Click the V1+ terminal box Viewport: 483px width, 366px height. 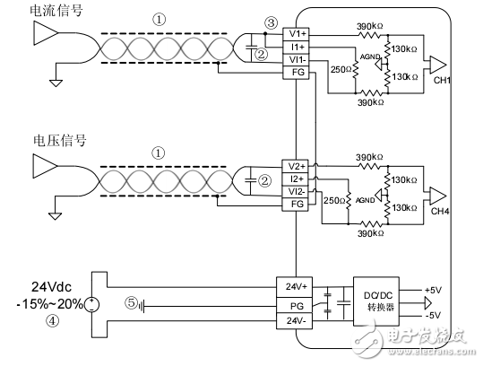coord(296,34)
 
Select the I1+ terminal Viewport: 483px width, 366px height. coord(296,46)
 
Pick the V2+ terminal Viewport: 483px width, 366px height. coord(296,166)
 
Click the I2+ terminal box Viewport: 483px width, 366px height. coord(296,179)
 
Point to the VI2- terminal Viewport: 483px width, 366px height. coord(296,191)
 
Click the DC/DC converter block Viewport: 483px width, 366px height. coord(377,303)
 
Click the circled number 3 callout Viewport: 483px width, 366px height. coord(272,22)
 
